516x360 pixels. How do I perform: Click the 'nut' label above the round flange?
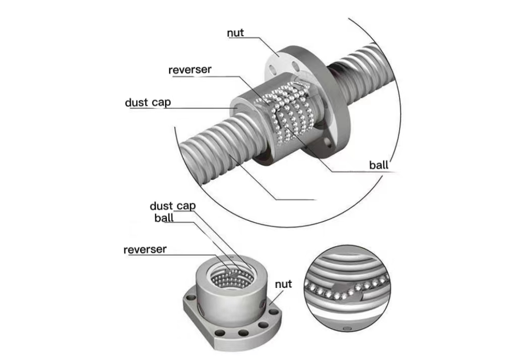point(235,33)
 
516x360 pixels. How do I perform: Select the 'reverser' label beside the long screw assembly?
point(190,70)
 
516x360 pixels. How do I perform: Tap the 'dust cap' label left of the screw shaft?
point(148,103)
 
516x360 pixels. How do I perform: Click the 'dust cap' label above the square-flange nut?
point(172,206)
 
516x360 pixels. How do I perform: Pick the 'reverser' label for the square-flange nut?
point(145,250)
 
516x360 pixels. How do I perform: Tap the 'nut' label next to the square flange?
point(283,284)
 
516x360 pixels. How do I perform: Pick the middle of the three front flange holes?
point(243,333)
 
